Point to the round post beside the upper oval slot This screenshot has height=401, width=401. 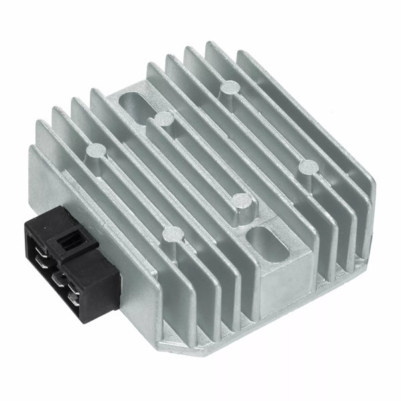pos(164,119)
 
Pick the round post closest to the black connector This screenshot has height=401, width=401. pos(172,234)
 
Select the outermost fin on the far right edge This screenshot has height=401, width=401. pos(362,221)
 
